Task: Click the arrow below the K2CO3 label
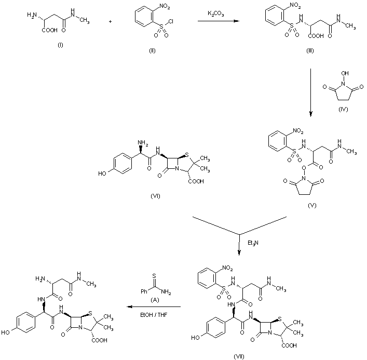pos(218,22)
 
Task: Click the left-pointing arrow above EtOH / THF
pos(151,307)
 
